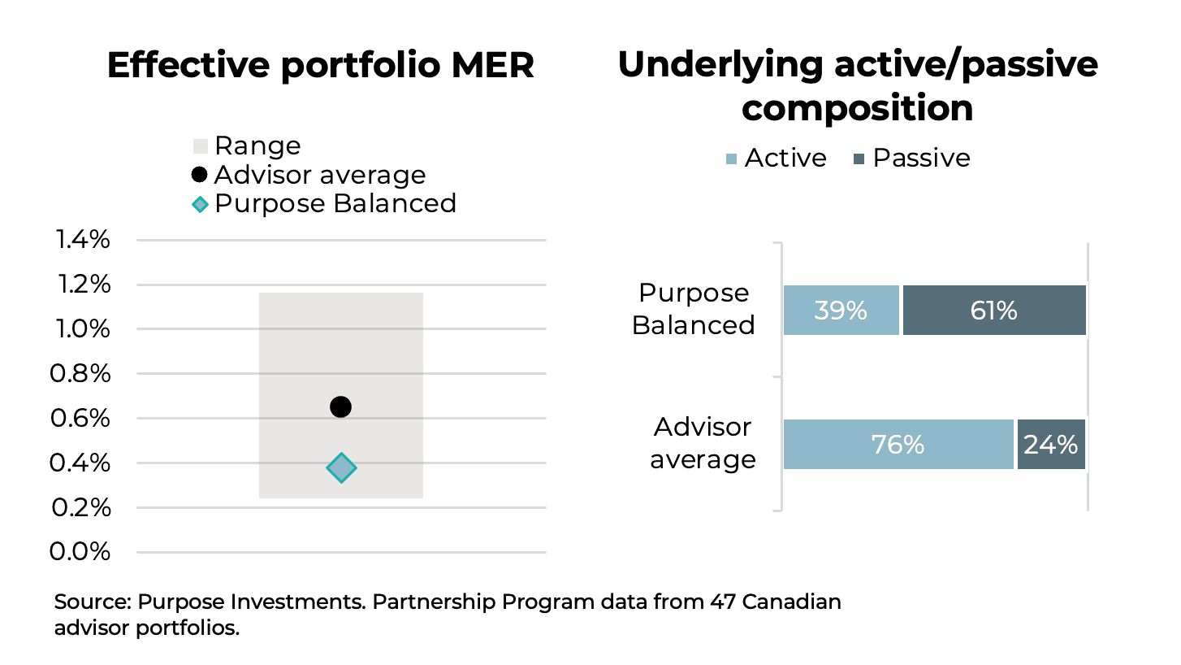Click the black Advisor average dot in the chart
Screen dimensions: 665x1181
click(341, 406)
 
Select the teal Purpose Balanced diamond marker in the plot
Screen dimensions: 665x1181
click(341, 467)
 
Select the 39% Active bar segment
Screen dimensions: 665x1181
click(841, 311)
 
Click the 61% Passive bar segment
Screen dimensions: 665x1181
click(994, 311)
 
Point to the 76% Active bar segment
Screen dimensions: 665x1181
click(898, 445)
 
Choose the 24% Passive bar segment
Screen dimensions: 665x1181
click(1051, 445)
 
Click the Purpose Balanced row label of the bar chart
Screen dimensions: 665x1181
click(694, 309)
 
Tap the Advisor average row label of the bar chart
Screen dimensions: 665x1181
click(703, 443)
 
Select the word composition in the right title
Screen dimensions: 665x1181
click(857, 107)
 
